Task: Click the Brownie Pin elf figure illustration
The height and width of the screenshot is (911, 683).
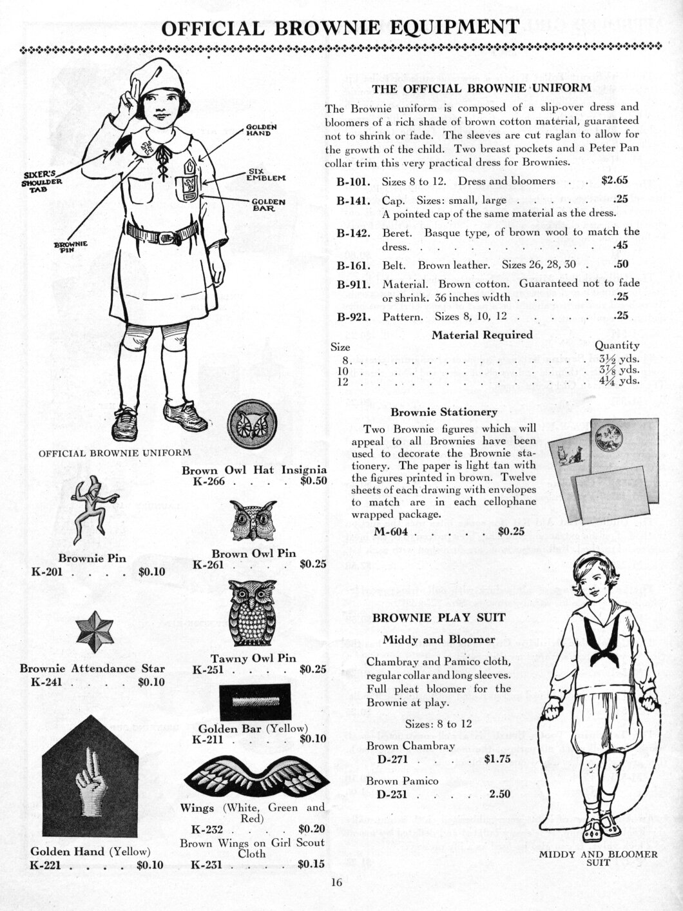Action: coord(90,509)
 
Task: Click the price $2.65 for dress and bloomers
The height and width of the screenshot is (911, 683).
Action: coord(614,181)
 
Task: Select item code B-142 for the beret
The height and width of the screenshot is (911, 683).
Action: coord(353,232)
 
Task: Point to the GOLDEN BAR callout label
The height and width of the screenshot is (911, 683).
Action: coord(269,205)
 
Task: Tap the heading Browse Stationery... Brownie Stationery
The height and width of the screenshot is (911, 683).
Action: coord(444,411)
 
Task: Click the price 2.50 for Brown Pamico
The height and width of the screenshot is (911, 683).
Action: coord(499,794)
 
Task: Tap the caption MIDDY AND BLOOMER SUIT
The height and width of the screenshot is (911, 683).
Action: coord(598,859)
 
